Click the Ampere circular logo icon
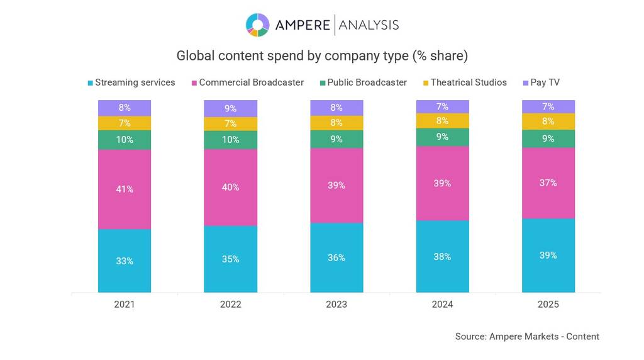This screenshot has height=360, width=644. (x=257, y=25)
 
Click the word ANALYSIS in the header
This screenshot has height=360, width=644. (x=369, y=25)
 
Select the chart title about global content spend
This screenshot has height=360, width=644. (x=322, y=56)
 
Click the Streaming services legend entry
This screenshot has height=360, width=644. (x=131, y=82)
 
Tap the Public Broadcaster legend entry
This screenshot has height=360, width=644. (x=363, y=82)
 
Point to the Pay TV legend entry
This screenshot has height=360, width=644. (x=541, y=82)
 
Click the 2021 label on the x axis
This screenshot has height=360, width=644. (x=125, y=305)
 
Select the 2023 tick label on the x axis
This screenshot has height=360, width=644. (x=336, y=305)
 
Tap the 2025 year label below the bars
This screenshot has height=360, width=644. (x=548, y=305)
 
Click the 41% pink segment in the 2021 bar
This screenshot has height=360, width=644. (x=125, y=189)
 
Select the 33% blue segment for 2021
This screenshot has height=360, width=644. (x=125, y=261)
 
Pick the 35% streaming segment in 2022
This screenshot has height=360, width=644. (x=230, y=259)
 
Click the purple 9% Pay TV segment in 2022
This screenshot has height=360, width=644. (x=230, y=108)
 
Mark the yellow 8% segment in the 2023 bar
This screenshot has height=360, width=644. (x=336, y=123)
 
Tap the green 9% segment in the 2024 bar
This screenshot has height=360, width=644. (x=442, y=137)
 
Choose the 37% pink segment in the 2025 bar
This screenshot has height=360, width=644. (x=548, y=183)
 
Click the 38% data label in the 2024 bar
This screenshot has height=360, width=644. (x=442, y=257)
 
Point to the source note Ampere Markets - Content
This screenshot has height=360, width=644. (x=527, y=337)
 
